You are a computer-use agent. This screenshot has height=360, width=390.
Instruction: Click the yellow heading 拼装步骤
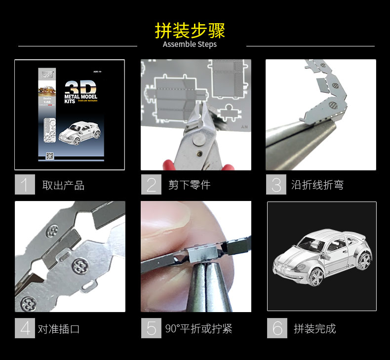[x=190, y=30]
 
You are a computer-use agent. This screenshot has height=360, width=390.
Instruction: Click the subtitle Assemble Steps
[x=190, y=44]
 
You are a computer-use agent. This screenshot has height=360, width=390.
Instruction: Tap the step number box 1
[x=25, y=185]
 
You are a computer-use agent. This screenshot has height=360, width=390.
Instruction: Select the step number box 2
[x=151, y=185]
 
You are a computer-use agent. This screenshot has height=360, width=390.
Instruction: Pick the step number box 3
[x=276, y=185]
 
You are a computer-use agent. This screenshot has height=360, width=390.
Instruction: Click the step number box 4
[x=25, y=328]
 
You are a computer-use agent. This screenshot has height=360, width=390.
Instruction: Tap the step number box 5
[x=151, y=328]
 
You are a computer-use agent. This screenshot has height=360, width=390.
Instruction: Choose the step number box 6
[x=277, y=328]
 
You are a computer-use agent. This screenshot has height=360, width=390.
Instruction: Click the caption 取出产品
[x=63, y=186]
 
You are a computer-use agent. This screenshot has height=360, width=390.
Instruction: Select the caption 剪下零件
[x=189, y=185]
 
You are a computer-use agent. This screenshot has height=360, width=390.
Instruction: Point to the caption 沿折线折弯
[x=317, y=185]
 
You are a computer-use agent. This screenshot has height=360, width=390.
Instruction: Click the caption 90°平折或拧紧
[x=198, y=328]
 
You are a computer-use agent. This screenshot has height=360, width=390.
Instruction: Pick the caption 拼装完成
[x=314, y=328]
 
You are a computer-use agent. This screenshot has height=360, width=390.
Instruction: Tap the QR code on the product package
[x=49, y=156]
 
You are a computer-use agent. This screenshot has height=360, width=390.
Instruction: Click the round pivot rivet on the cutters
[x=198, y=141]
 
